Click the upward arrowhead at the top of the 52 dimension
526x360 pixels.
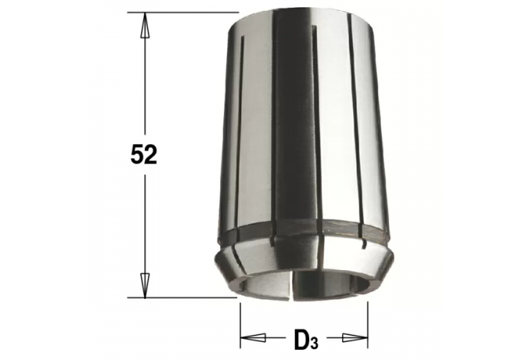click(x=144, y=25)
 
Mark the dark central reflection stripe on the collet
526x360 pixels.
click(x=292, y=130)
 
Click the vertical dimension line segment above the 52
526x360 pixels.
click(x=144, y=86)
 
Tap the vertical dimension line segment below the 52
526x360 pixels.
click(x=144, y=223)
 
